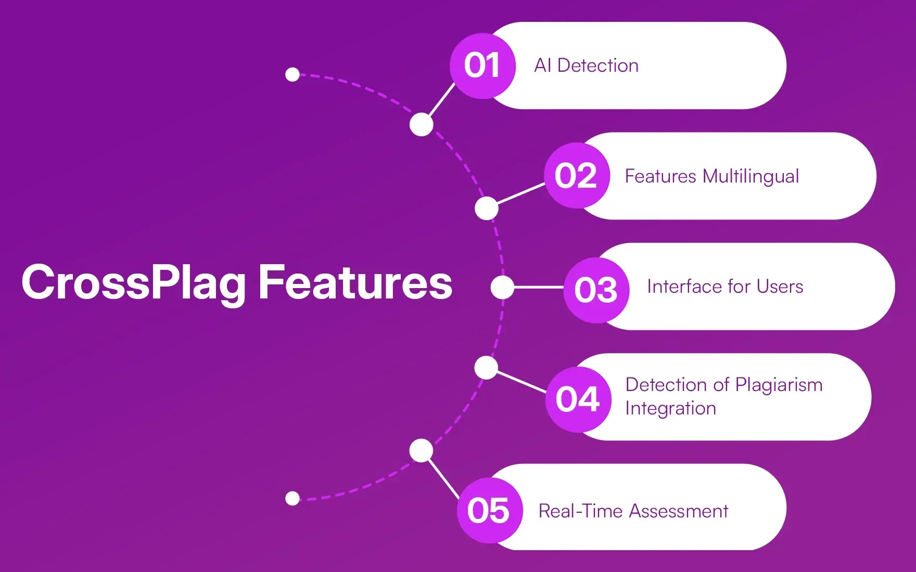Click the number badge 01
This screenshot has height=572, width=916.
tap(482, 66)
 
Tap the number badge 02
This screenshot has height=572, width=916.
tap(577, 176)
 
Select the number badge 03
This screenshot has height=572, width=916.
tap(596, 290)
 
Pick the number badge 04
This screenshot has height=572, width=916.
tap(578, 399)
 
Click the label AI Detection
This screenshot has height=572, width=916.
tap(587, 66)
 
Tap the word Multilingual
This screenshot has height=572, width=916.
tap(751, 177)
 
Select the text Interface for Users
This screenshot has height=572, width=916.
tap(725, 287)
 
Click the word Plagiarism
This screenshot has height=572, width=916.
tap(779, 385)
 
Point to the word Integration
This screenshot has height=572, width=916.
tap(671, 409)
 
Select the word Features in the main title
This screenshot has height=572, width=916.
tap(355, 282)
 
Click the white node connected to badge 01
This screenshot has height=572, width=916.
tap(422, 125)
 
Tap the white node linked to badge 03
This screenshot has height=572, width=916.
tap(502, 287)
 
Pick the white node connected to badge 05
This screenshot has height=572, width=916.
tap(421, 450)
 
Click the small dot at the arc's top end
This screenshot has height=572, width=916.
tap(292, 74)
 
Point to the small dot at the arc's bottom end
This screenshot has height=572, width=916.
tap(292, 499)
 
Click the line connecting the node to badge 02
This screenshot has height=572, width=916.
tap(521, 193)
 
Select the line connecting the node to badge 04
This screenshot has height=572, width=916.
tap(521, 382)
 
